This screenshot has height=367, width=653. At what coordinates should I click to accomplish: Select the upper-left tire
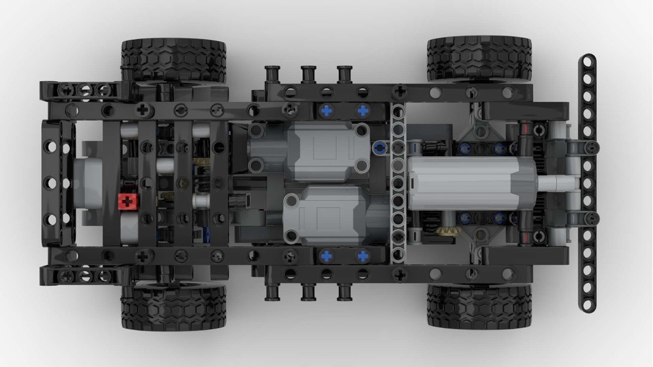(173, 59)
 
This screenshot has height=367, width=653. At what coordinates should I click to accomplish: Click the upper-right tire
(479, 57)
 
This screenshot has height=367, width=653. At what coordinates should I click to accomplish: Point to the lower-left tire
(173, 308)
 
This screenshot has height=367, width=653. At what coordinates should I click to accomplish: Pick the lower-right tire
(479, 306)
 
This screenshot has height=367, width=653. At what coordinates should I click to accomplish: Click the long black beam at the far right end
(587, 183)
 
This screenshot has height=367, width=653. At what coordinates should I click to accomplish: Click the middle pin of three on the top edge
(308, 73)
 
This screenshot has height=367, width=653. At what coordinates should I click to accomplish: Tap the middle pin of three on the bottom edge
(308, 292)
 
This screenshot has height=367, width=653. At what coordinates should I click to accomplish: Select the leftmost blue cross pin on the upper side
(326, 112)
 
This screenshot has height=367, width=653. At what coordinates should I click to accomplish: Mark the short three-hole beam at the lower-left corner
(85, 277)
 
